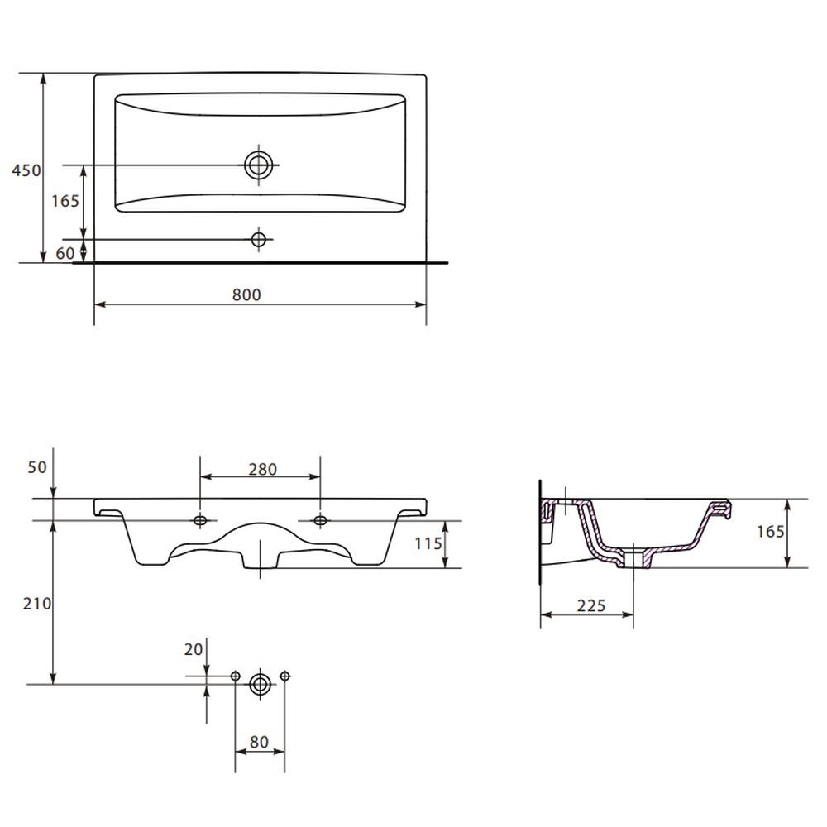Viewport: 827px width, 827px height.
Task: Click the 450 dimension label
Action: tap(26, 170)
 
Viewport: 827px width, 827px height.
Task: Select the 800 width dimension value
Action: tap(246, 294)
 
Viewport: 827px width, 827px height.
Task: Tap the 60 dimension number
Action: tap(65, 253)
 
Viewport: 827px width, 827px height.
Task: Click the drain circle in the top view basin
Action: tap(258, 165)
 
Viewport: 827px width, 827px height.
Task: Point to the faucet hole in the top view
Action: tap(258, 240)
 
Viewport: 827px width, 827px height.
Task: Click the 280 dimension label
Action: tap(263, 469)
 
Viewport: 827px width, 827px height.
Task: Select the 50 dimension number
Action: tap(37, 466)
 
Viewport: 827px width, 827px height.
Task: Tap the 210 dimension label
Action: tap(37, 604)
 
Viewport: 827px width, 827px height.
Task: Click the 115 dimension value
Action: tap(428, 543)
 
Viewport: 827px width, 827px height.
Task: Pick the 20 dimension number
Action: tap(193, 649)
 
